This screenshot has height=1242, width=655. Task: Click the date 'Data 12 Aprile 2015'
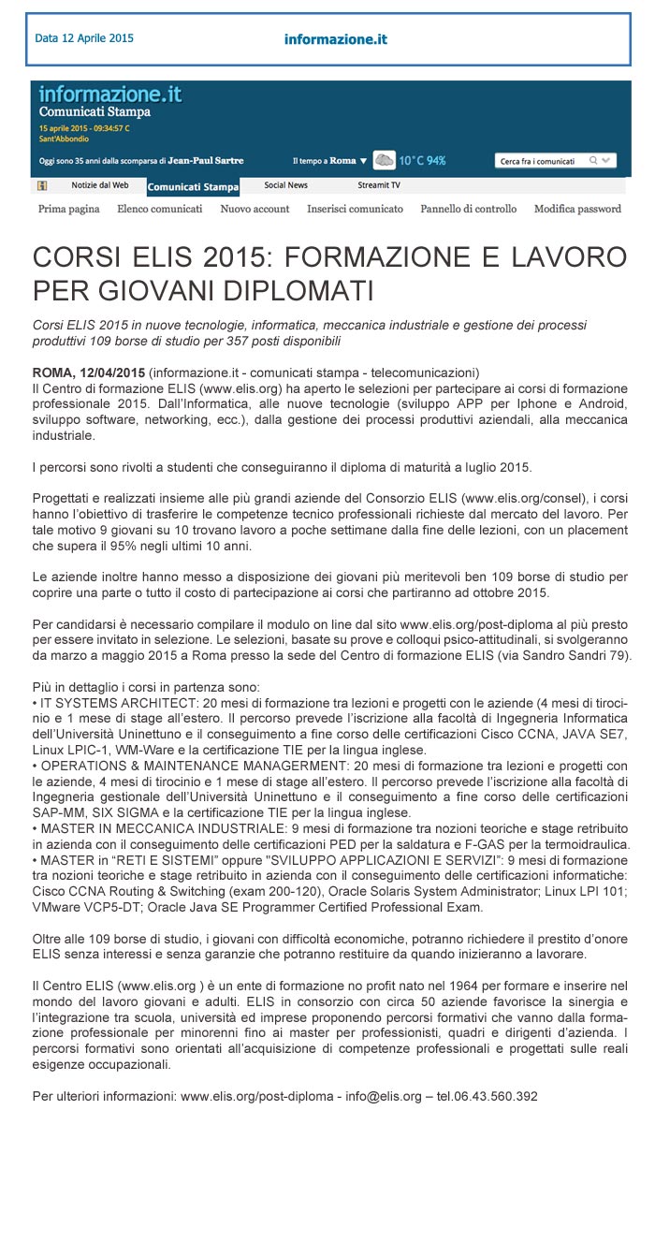[x=84, y=38]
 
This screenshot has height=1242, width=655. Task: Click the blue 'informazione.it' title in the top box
[x=335, y=39]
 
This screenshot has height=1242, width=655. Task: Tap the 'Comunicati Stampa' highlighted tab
[x=193, y=186]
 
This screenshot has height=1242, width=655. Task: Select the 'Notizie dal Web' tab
[x=100, y=185]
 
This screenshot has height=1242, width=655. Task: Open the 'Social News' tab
[x=285, y=185]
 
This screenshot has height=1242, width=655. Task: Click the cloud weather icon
[x=384, y=160]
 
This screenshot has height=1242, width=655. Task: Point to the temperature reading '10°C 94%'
[x=422, y=161]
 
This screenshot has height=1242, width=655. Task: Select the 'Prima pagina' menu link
[x=69, y=209]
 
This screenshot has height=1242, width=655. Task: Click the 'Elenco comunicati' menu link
[x=160, y=209]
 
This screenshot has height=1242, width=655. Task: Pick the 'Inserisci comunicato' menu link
[x=355, y=209]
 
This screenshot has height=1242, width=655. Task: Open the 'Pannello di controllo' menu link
[x=468, y=209]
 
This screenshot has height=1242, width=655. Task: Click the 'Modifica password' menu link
[x=577, y=209]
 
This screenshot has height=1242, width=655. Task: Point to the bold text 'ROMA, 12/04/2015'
[x=89, y=372]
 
